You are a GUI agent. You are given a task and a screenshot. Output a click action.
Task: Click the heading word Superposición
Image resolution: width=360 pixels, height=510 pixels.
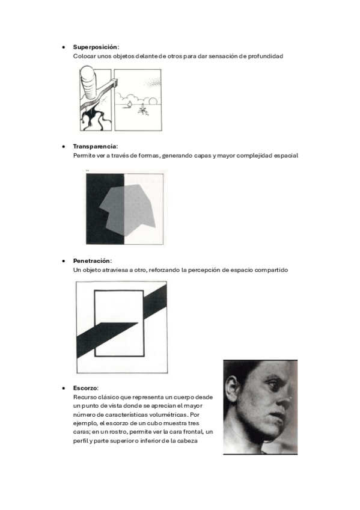click(x=95, y=47)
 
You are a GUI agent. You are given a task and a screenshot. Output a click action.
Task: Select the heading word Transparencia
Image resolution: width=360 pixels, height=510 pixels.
click(x=94, y=146)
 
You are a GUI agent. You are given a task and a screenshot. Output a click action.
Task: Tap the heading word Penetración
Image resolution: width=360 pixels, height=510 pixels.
click(x=91, y=261)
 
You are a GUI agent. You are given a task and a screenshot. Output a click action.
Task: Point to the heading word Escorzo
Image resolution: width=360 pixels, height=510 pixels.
click(x=85, y=388)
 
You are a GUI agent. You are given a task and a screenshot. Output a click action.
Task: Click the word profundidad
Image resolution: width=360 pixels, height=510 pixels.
click(x=266, y=57)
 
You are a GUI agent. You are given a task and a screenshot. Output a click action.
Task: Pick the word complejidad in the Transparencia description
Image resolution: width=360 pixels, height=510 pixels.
click(x=254, y=156)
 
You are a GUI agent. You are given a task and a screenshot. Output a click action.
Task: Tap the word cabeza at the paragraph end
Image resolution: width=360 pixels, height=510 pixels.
click(x=187, y=441)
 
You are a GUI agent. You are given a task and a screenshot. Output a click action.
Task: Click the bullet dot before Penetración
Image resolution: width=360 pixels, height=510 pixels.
click(x=63, y=261)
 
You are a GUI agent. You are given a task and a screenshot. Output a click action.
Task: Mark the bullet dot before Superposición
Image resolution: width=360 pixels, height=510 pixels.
click(x=63, y=47)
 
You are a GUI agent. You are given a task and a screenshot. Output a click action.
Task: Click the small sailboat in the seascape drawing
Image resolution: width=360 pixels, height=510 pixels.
click(x=129, y=104)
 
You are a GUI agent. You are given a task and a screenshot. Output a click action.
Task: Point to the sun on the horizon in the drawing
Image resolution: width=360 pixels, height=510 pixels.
click(x=153, y=101)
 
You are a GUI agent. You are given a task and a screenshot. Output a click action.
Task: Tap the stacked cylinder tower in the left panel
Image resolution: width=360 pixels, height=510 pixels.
click(x=88, y=82)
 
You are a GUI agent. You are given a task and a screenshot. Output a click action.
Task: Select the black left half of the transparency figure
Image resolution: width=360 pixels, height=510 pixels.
click(x=105, y=209)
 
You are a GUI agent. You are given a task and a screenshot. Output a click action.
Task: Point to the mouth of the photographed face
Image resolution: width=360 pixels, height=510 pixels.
click(x=278, y=417)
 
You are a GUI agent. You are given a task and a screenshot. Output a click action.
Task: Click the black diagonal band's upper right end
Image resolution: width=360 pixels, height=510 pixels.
click(x=166, y=284)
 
